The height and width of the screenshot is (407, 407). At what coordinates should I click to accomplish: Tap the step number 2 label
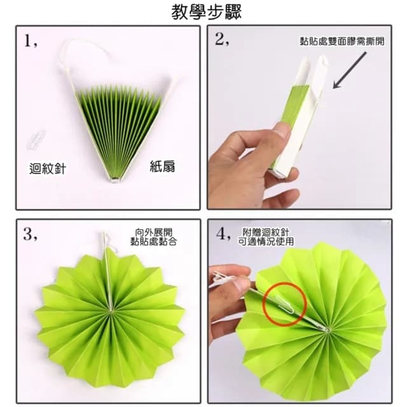click(x=222, y=41)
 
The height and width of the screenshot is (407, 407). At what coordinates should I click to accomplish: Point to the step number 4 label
click(x=223, y=234)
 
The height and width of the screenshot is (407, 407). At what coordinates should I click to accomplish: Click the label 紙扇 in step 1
click(x=162, y=167)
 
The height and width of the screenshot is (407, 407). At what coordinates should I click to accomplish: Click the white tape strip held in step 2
click(x=318, y=95)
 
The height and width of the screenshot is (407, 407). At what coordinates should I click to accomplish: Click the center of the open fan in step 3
click(x=111, y=312)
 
